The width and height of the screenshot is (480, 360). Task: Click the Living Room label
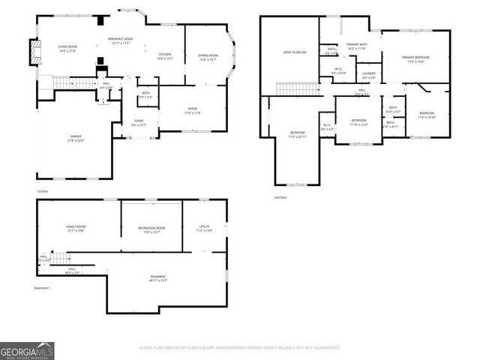68,49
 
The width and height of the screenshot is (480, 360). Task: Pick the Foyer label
139,122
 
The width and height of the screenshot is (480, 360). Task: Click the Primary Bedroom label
415,58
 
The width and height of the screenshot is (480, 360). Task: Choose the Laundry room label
369,75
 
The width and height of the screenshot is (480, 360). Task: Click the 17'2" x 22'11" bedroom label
297,134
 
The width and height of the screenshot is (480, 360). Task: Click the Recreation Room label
151,228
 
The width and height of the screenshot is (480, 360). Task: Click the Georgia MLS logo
27,349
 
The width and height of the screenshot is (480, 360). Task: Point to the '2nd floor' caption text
282,198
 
